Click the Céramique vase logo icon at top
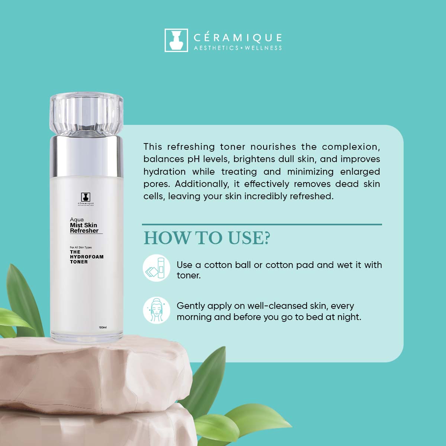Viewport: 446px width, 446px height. click(x=176, y=40)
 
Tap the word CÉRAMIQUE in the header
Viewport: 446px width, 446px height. click(x=238, y=38)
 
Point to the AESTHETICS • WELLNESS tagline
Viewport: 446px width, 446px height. click(x=238, y=48)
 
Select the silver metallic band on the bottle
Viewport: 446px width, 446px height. click(x=86, y=156)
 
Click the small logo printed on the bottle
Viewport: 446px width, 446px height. click(x=85, y=198)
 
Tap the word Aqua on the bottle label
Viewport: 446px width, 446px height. click(x=77, y=219)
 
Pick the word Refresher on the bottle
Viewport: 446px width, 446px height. click(x=84, y=230)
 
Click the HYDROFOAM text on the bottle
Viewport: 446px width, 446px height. click(x=87, y=257)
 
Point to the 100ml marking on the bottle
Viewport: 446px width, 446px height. click(x=103, y=327)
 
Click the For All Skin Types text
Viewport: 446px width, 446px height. click(x=81, y=248)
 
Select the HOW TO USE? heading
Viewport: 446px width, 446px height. click(x=207, y=238)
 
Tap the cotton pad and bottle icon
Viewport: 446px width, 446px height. click(x=156, y=268)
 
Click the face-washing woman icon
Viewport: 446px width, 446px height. click(x=156, y=310)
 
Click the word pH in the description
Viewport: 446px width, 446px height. click(x=194, y=159)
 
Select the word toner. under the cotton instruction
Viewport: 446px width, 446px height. click(x=188, y=276)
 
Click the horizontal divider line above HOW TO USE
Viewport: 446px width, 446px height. click(x=262, y=224)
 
